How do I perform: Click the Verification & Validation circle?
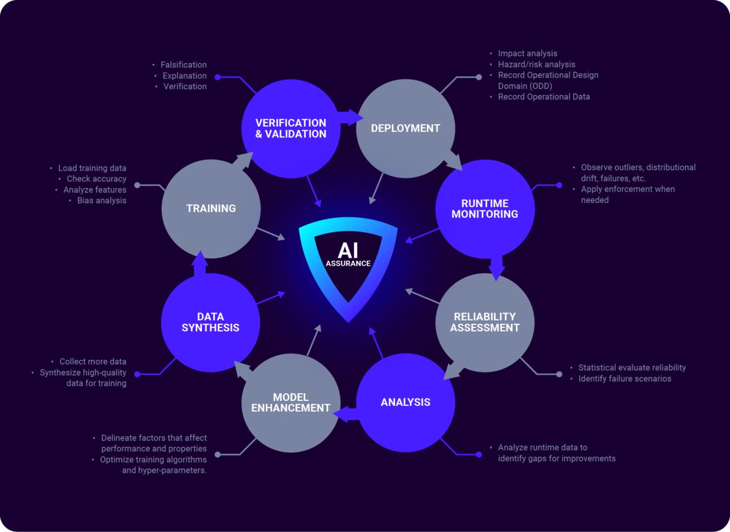point(291,128)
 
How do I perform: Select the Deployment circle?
point(405,128)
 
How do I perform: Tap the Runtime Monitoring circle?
point(485,209)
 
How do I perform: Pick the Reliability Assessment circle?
point(485,322)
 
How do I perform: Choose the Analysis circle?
point(405,403)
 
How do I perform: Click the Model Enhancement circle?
point(291,403)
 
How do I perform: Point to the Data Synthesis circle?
point(210,322)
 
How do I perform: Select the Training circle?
point(211,208)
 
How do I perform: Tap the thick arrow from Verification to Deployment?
point(349,117)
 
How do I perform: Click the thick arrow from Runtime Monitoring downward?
point(496,267)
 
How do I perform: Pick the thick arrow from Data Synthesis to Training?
point(200,264)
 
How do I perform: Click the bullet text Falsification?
point(184,65)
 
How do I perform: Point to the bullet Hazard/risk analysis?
point(536,64)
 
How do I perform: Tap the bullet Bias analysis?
point(102,201)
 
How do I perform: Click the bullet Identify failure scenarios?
point(624,379)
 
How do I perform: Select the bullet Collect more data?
point(92,362)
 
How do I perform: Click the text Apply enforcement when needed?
point(627,194)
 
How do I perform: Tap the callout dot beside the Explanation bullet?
point(217,76)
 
